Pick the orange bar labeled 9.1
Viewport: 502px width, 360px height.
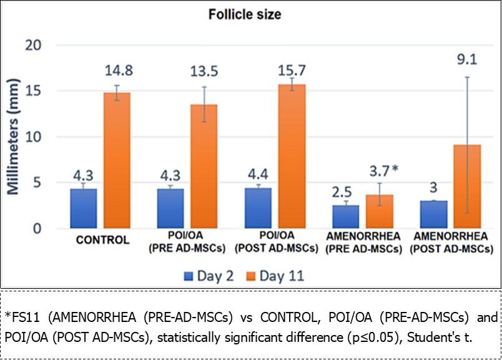466,187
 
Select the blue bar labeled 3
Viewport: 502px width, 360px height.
433,215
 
